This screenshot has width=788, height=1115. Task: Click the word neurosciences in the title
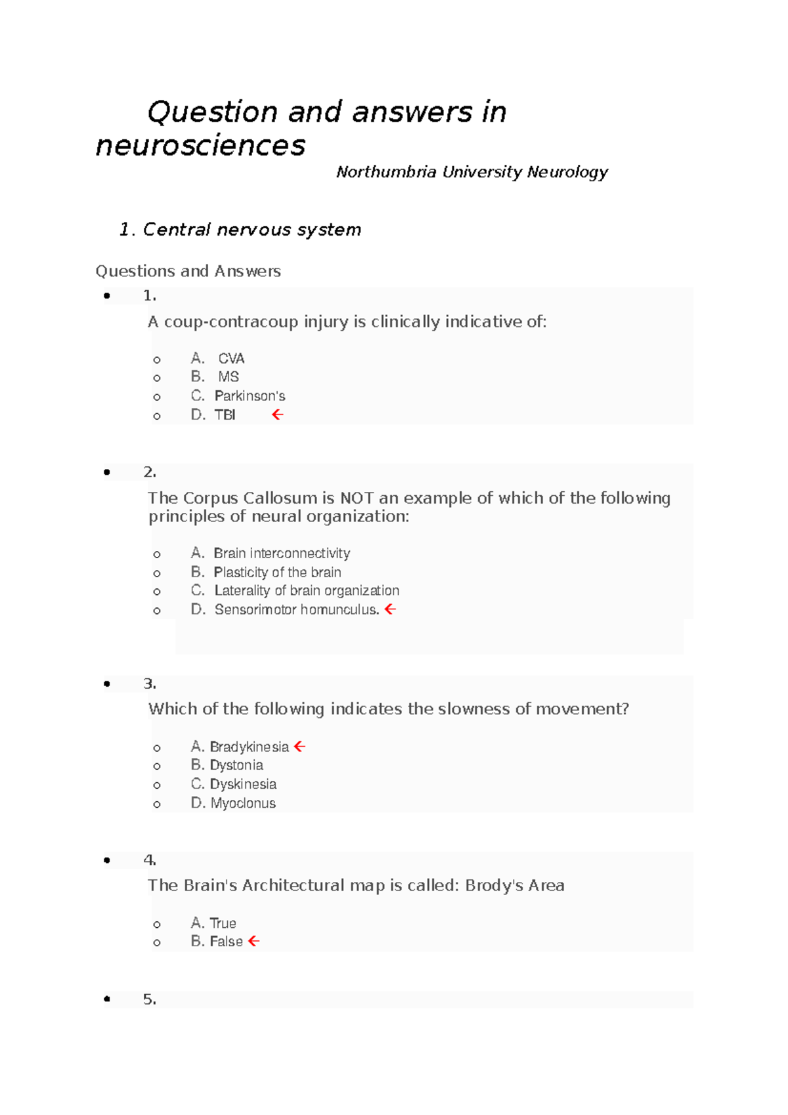(200, 146)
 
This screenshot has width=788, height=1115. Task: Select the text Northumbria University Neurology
(471, 172)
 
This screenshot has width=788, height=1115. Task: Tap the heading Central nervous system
(252, 230)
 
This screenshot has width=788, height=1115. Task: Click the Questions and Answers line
(188, 271)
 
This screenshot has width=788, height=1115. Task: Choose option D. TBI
(213, 415)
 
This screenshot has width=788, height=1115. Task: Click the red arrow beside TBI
(277, 414)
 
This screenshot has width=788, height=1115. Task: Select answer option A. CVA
(218, 359)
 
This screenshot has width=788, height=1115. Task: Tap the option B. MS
(215, 377)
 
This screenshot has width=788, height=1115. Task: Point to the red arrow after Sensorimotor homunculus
(390, 609)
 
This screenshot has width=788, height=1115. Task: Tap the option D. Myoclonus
(234, 803)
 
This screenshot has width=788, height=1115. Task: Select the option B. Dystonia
(227, 765)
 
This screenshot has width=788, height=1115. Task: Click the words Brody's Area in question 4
(514, 886)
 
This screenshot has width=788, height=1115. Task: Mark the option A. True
(214, 923)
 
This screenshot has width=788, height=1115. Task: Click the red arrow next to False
(253, 942)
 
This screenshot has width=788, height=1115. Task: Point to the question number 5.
(149, 999)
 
